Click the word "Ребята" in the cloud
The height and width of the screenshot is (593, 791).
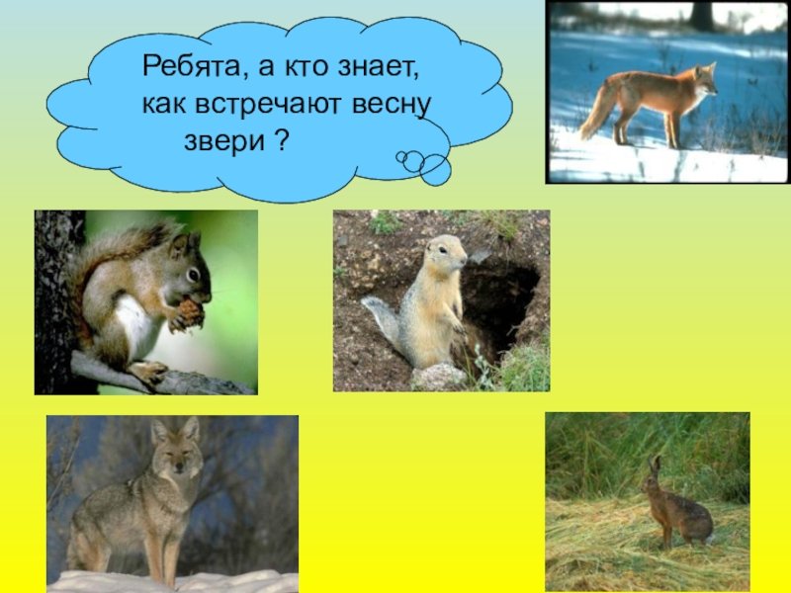pyautogui.click(x=192, y=67)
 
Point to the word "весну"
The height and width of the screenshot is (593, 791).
pyautogui.click(x=392, y=105)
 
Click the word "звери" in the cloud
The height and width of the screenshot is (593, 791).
pyautogui.click(x=224, y=141)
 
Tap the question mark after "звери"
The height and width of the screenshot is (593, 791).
pyautogui.click(x=283, y=139)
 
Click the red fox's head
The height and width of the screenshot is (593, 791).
pyautogui.click(x=705, y=80)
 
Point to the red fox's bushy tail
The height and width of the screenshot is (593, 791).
pyautogui.click(x=599, y=110)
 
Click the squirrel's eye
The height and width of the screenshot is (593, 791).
pyautogui.click(x=193, y=275)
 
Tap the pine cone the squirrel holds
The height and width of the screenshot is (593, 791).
pyautogui.click(x=191, y=312)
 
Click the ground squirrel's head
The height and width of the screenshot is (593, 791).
pyautogui.click(x=446, y=252)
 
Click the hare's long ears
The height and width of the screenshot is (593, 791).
pyautogui.click(x=655, y=466)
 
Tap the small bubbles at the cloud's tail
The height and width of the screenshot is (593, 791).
pyautogui.click(x=424, y=166)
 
